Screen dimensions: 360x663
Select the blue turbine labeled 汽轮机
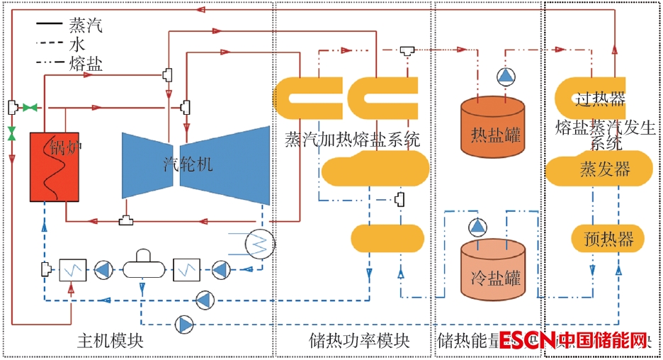click(196, 166)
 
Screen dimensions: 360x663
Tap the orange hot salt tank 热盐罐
click(496, 127)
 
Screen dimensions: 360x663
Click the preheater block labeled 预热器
click(608, 238)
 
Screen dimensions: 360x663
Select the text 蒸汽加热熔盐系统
click(352, 138)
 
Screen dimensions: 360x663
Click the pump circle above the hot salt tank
click(504, 76)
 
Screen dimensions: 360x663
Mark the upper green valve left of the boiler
click(30, 107)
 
